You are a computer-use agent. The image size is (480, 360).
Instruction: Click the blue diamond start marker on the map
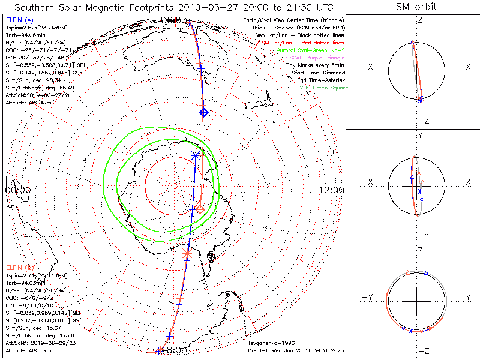(203, 112)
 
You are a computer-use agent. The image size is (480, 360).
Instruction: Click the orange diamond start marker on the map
(200, 209)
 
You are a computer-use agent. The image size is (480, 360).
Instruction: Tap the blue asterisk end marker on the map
(196, 155)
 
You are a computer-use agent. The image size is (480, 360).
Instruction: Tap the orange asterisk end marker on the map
(187, 254)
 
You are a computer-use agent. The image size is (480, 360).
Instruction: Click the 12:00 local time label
(331, 190)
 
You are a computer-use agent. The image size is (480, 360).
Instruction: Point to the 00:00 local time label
(18, 190)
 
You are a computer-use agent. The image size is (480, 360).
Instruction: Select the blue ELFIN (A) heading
(19, 21)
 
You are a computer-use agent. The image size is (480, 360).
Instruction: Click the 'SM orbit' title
(416, 7)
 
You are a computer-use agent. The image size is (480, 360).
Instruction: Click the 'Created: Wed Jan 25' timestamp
(296, 350)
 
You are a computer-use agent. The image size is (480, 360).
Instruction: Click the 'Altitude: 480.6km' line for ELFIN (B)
(29, 350)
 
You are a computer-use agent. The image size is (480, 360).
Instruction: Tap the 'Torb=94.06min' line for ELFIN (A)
(25, 36)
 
